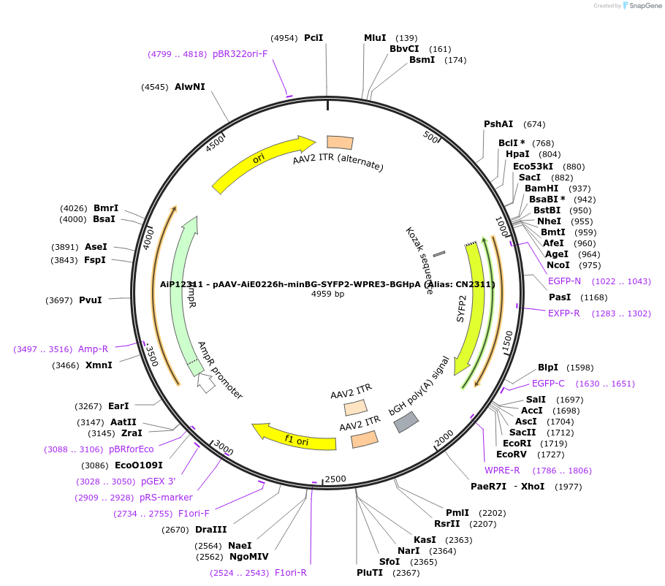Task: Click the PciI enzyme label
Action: coord(313,38)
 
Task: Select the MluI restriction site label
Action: coord(375,38)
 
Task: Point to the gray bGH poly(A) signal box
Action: coord(406,422)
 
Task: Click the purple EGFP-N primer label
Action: coord(564,281)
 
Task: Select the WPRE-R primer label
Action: coord(502,471)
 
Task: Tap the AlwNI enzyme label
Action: coord(189,87)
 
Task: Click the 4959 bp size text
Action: coord(327,294)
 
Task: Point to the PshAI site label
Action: coord(498,124)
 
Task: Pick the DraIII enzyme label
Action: coord(210,530)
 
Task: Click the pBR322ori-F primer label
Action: coord(240,54)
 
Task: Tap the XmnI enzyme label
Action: coord(99,365)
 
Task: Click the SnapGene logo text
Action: coord(643,5)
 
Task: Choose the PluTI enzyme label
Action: coord(370,573)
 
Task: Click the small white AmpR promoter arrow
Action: coord(206,384)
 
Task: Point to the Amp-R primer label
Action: coord(93,349)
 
